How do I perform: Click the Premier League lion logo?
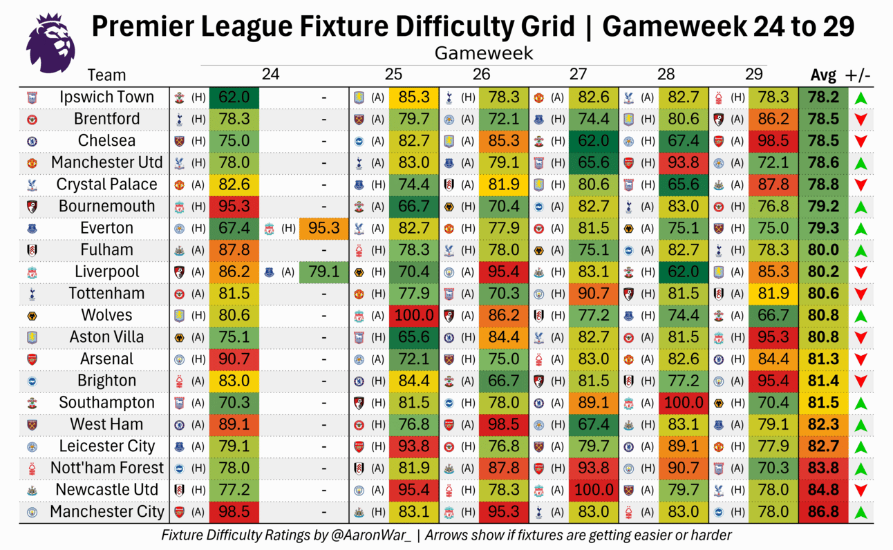(x=50, y=44)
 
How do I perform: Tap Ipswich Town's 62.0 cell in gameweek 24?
(x=234, y=97)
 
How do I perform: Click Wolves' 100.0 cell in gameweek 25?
(x=413, y=316)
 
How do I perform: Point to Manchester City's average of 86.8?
(x=823, y=512)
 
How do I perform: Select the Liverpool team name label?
(x=106, y=272)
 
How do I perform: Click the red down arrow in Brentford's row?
(x=861, y=120)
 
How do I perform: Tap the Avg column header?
(x=822, y=75)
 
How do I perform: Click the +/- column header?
(x=858, y=75)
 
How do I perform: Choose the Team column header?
(x=106, y=75)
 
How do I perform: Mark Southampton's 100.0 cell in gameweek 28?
(x=684, y=403)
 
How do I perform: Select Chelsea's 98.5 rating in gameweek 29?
(x=773, y=141)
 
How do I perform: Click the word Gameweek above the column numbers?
(x=484, y=53)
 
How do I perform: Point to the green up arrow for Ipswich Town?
(x=861, y=98)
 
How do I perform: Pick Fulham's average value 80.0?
(x=823, y=250)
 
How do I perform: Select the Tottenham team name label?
(x=106, y=294)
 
